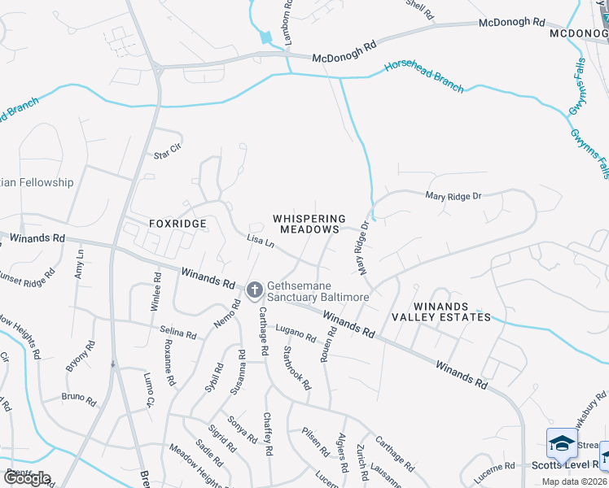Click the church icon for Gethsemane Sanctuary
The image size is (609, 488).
click(254, 290)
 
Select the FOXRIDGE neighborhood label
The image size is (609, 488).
click(178, 223)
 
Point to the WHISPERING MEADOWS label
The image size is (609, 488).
click(309, 224)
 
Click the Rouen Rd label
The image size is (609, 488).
click(328, 345)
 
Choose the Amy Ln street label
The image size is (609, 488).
click(79, 265)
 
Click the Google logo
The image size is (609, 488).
click(27, 478)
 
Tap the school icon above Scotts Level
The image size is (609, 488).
click(562, 443)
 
